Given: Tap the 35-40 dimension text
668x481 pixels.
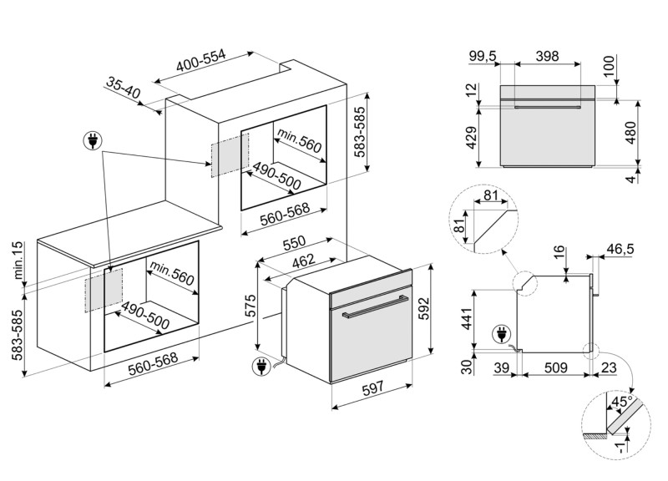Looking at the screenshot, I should click(124, 87).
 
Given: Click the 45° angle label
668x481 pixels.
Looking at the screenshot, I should click(620, 401).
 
